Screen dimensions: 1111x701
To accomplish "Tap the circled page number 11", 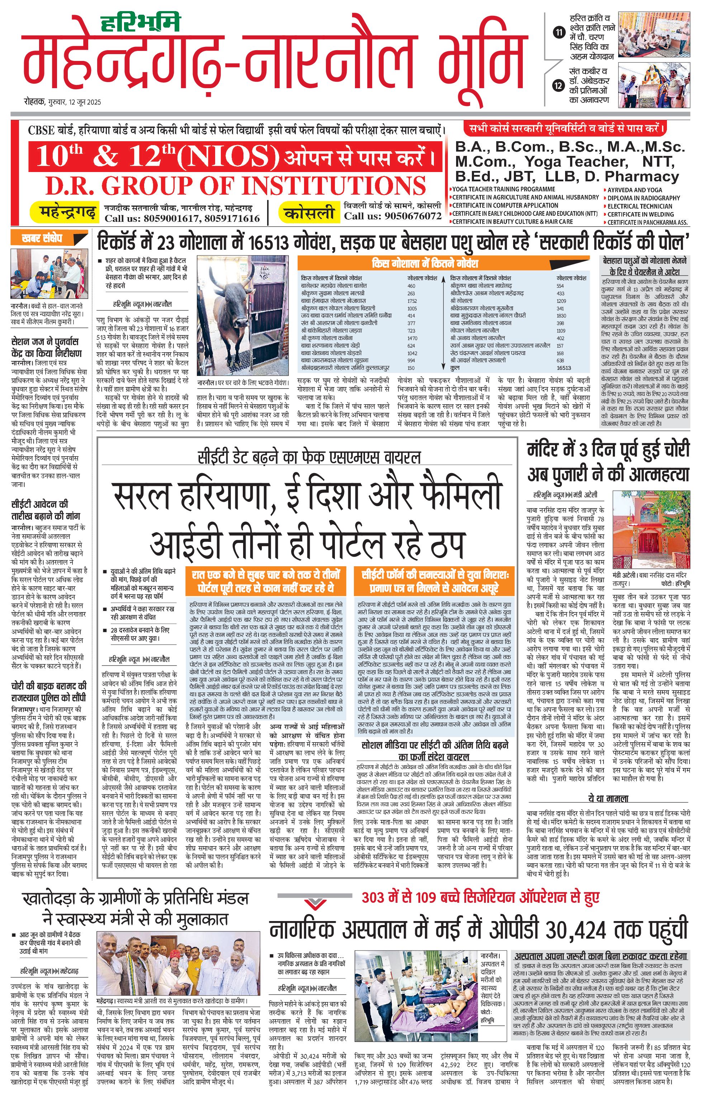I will click(x=559, y=33).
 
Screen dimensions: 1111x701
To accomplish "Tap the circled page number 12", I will click(x=559, y=85).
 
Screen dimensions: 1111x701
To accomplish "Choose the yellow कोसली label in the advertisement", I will click(x=309, y=213).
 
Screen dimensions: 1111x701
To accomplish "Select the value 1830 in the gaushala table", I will click(x=561, y=316).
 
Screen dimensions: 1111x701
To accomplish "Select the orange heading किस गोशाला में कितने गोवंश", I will click(x=425, y=263).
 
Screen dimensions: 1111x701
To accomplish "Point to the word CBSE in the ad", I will click(x=41, y=130).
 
